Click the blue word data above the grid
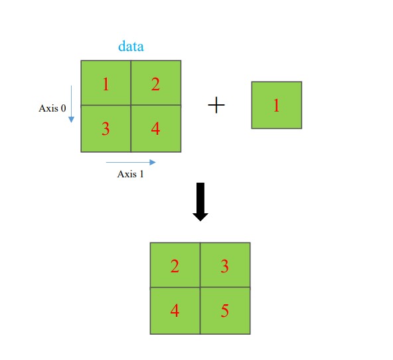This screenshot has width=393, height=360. [131, 46]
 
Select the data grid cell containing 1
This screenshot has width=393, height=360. [106, 83]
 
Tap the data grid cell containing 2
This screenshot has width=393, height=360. [155, 83]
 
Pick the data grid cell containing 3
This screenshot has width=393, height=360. [106, 128]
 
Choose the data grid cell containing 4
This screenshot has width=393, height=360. [155, 128]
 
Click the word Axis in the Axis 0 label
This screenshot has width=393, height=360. [48, 108]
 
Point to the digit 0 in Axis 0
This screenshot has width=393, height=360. [63, 108]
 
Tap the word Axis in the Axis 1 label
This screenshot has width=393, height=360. [126, 175]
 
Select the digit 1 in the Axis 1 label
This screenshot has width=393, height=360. [141, 175]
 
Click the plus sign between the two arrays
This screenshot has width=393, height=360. [216, 105]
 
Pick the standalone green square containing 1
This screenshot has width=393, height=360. [276, 105]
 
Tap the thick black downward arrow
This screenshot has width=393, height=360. [200, 201]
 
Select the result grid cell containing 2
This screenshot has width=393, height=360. [175, 265]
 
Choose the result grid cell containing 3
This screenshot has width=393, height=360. [225, 265]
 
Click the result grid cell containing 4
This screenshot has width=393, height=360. [175, 310]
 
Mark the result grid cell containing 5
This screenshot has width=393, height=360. [225, 310]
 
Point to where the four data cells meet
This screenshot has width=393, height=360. [131, 105]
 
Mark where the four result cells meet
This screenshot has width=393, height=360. [200, 287]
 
